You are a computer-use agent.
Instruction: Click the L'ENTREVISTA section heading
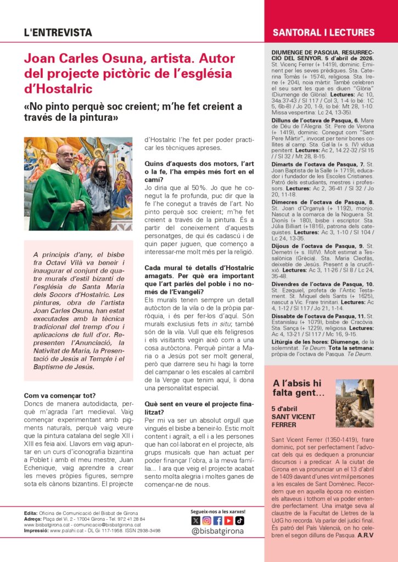[x=58, y=32]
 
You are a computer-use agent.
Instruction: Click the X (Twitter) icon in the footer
[x=195, y=520]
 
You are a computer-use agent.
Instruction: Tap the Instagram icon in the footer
[x=206, y=520]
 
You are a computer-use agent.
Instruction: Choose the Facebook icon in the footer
[x=217, y=520]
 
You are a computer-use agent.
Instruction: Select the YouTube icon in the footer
[x=228, y=520]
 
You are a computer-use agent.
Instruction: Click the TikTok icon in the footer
[x=239, y=520]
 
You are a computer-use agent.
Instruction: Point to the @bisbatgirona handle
[x=218, y=531]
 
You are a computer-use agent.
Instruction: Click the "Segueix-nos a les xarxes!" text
[x=218, y=511]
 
